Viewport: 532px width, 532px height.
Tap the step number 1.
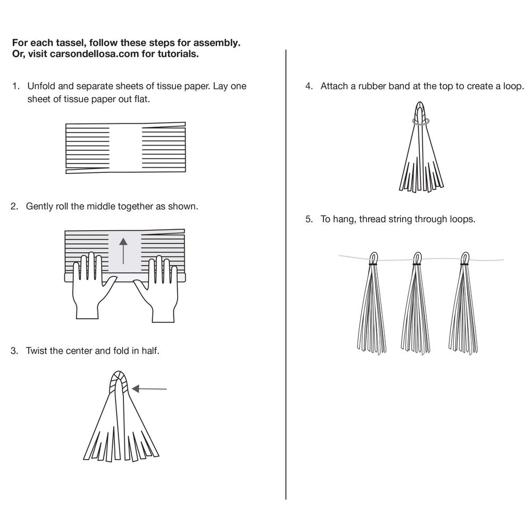point(15,86)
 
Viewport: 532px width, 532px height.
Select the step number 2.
point(14,206)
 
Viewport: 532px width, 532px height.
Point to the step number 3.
point(14,351)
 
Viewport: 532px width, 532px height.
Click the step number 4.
point(309,86)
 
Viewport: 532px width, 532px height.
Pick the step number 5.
point(309,219)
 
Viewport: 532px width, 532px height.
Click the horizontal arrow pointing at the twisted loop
point(149,389)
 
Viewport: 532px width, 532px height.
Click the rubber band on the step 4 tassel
point(421,121)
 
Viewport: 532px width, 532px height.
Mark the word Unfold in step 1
point(40,86)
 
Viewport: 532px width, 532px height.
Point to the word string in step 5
point(400,219)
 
